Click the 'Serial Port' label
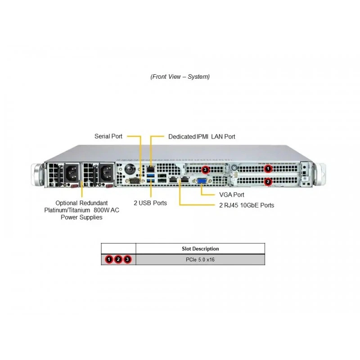[x=108, y=136]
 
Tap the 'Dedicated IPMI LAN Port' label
[x=202, y=137]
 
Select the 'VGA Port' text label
[x=232, y=195]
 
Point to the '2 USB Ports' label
[x=150, y=203]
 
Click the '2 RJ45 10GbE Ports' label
[x=247, y=205]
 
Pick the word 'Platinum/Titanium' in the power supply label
[x=67, y=210]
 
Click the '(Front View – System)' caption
[x=180, y=76]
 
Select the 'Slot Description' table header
[x=200, y=249]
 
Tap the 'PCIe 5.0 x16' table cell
[x=200, y=260]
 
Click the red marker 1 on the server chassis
[x=268, y=169]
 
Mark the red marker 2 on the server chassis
[x=268, y=182]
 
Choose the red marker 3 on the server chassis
[x=205, y=170]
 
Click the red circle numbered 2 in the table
[x=118, y=260]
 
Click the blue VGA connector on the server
[x=202, y=181]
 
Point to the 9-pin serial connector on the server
[x=135, y=181]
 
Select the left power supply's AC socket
[x=72, y=173]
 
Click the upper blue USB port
[x=151, y=175]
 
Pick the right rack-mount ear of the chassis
[x=320, y=174]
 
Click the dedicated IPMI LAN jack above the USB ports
[x=151, y=169]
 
